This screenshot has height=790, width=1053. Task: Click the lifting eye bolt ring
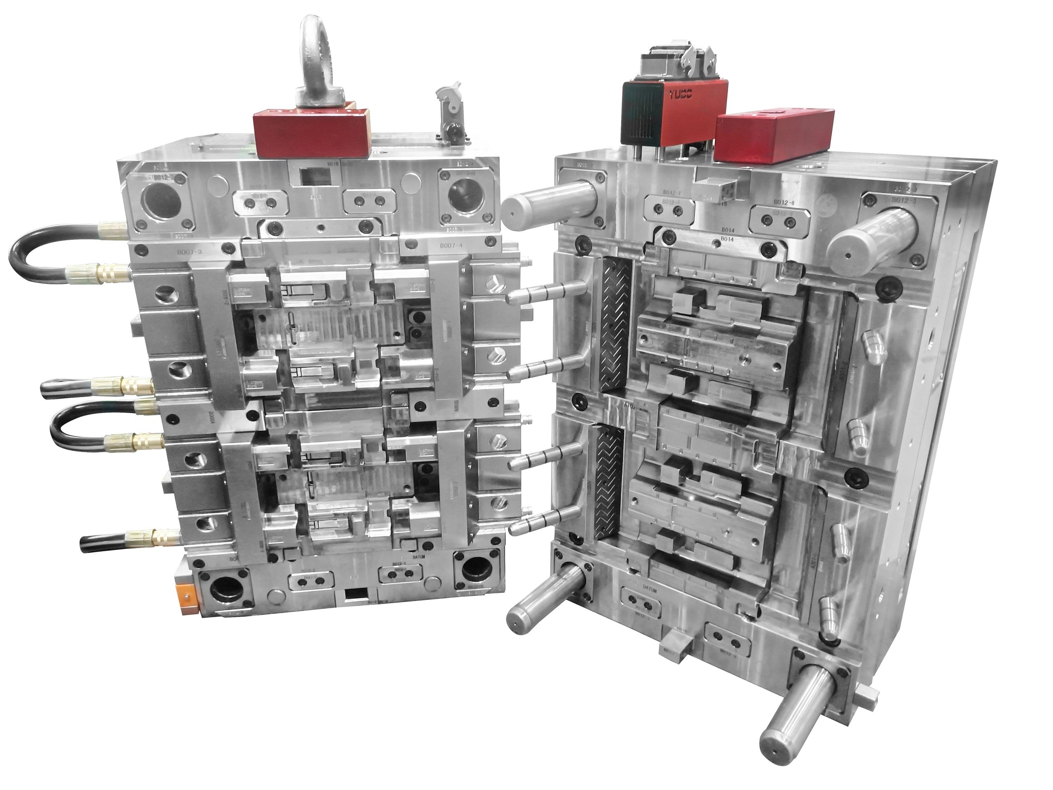click(x=318, y=52)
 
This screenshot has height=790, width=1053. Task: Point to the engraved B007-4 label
click(x=451, y=246)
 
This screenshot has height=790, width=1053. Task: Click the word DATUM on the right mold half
click(x=650, y=588)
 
